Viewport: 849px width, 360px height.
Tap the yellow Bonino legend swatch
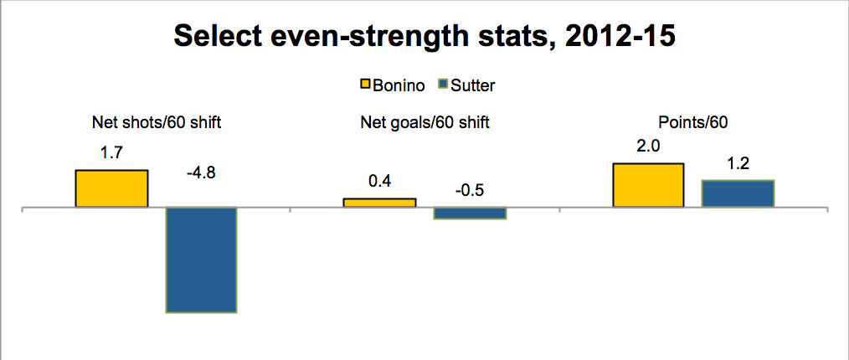click(x=365, y=85)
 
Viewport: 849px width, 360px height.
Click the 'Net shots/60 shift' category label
click(x=156, y=123)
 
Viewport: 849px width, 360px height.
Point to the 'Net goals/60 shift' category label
click(x=424, y=123)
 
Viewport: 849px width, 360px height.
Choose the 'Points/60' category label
click(x=692, y=123)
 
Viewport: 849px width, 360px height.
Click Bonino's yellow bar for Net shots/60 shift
click(x=111, y=188)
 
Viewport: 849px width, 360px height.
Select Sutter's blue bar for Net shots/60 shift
click(x=201, y=260)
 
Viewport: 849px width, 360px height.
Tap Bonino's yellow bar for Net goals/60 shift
click(x=379, y=203)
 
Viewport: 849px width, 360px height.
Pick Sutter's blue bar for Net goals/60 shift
click(x=470, y=213)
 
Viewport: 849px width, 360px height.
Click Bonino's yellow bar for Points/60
click(x=648, y=184)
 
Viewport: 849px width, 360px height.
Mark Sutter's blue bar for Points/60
click(x=738, y=193)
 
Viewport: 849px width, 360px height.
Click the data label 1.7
click(x=111, y=153)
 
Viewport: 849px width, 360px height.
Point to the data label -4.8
click(x=201, y=176)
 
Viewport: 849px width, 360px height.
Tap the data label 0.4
click(x=379, y=182)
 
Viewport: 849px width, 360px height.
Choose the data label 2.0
click(x=648, y=147)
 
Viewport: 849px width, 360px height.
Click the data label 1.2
click(x=738, y=163)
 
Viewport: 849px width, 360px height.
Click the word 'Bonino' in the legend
click(x=398, y=85)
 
